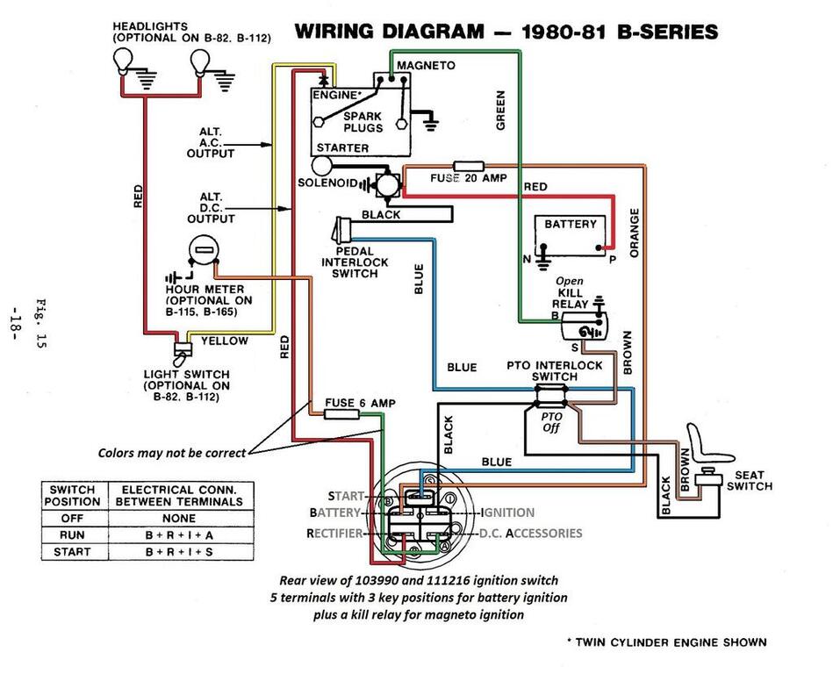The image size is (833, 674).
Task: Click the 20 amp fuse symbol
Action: click(467, 166)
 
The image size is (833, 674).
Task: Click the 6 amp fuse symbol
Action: click(339, 413)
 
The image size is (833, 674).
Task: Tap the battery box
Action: click(571, 235)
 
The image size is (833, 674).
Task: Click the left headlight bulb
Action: click(123, 61)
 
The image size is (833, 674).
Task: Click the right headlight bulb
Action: click(201, 61)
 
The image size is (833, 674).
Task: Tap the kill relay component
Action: click(583, 327)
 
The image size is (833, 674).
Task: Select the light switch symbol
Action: click(184, 353)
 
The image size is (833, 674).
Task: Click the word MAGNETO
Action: click(426, 66)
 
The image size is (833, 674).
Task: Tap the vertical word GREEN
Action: click(500, 110)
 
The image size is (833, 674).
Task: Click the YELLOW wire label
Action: click(225, 341)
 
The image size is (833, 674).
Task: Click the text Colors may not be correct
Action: click(171, 453)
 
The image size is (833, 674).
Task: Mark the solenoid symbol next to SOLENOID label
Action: click(384, 183)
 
